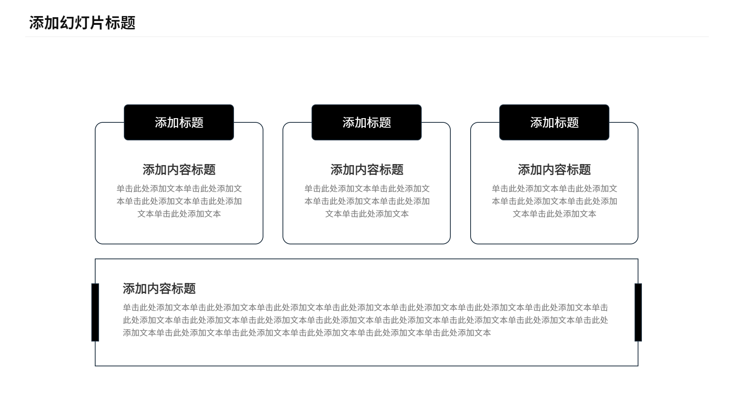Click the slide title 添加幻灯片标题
pos(82,23)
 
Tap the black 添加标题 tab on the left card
pos(179,122)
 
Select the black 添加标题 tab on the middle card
pos(367,122)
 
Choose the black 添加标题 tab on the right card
pos(554,122)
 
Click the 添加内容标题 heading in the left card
pos(179,170)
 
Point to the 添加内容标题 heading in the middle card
pos(367,170)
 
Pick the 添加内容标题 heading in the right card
pos(554,170)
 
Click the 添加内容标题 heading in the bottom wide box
pos(159,289)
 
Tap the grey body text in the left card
pos(179,201)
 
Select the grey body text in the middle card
pos(367,201)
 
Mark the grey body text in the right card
pos(554,201)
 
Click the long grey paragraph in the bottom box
pos(365,320)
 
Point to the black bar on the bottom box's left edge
pos(95,312)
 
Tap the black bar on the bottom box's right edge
pos(638,312)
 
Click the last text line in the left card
pos(179,214)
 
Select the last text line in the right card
pos(554,214)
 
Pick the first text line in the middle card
pos(367,189)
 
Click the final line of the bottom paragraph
pos(307,333)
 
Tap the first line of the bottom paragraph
pos(365,307)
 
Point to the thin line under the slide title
pos(367,37)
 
